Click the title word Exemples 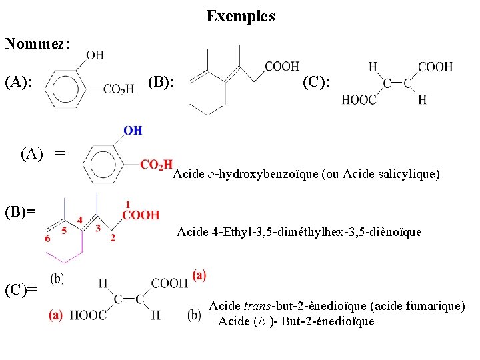click(241, 16)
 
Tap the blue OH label click(133, 130)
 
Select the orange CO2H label click(157, 165)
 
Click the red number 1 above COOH click(127, 204)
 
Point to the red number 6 click(47, 239)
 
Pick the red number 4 click(80, 219)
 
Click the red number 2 click(112, 238)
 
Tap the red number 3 click(98, 228)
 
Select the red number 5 click(65, 231)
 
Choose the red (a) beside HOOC click(56, 315)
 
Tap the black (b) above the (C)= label click(57, 277)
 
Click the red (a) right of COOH click(199, 274)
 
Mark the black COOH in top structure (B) click(282, 66)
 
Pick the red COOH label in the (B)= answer click(141, 215)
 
